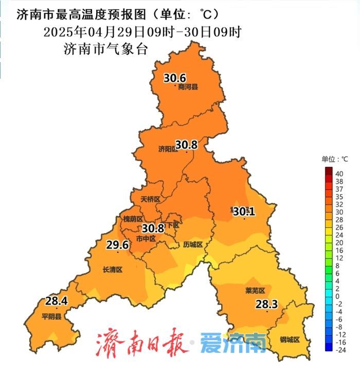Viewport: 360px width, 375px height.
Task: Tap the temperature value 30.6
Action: (x=175, y=78)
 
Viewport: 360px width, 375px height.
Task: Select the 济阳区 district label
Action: (x=168, y=149)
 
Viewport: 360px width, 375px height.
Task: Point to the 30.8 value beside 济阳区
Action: (x=186, y=145)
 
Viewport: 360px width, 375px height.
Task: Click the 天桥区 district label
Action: (x=151, y=199)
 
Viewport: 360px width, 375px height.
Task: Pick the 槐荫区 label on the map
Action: (x=133, y=219)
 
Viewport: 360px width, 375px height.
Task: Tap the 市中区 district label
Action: (x=146, y=239)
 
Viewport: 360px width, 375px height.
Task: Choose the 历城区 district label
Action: (x=193, y=245)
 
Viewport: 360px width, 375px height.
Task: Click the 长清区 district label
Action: (x=113, y=269)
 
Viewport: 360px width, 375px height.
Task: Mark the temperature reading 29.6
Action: (x=117, y=245)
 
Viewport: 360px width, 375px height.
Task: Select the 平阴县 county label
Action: (x=52, y=316)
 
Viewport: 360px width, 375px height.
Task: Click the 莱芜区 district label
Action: (x=255, y=290)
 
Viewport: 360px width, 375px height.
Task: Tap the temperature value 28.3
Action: (x=266, y=305)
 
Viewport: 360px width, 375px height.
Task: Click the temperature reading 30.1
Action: (x=244, y=211)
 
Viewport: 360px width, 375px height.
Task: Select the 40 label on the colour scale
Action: (x=339, y=174)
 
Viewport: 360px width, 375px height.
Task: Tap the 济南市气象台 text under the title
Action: (x=105, y=49)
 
